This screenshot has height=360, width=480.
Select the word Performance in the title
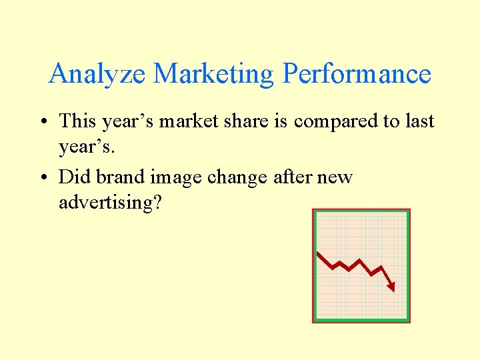357,74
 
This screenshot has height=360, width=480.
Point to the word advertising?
110,203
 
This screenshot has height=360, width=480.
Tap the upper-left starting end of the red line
318,253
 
